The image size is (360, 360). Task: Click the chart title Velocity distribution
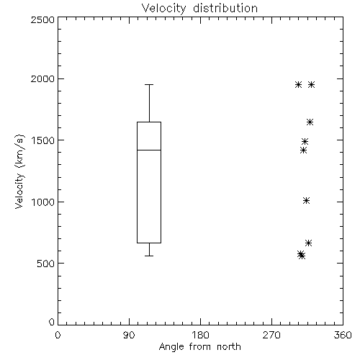point(199,8)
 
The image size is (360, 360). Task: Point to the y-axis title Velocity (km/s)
point(19,171)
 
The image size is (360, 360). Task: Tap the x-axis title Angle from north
point(199,347)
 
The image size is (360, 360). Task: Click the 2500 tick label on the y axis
point(42,19)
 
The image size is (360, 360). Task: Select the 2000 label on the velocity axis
point(42,78)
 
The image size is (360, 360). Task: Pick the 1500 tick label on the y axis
point(43,140)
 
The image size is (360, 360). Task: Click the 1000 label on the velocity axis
point(43,202)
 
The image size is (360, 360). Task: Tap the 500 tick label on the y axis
point(46,264)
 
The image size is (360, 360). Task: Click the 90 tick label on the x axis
point(129,335)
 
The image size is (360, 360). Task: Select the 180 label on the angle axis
point(200,335)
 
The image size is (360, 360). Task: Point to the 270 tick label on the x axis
point(271,335)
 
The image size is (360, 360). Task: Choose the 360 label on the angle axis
point(343,335)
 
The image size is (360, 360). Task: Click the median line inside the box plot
point(149,150)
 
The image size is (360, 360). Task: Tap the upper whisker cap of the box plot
point(149,84)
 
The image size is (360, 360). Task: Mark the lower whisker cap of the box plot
point(149,256)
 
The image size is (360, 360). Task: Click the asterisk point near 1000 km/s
point(306,200)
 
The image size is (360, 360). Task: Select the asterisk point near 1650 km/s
point(310,122)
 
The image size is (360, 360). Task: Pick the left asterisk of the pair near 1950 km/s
point(298,84)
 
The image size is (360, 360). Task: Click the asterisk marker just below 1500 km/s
point(304,150)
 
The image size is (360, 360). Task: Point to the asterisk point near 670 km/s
point(309,243)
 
